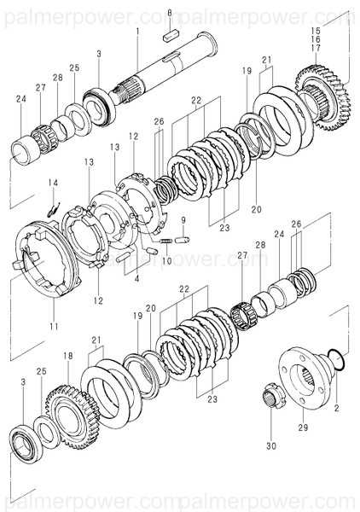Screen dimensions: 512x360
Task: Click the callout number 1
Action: tap(136, 31)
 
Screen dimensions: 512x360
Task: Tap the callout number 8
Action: tap(169, 14)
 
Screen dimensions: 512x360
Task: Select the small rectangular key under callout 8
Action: tap(169, 36)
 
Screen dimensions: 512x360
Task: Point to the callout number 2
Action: tap(336, 409)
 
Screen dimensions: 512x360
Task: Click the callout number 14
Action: tap(53, 183)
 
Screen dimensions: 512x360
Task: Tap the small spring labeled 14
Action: tap(51, 205)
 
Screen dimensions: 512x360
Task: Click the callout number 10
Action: tap(167, 260)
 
